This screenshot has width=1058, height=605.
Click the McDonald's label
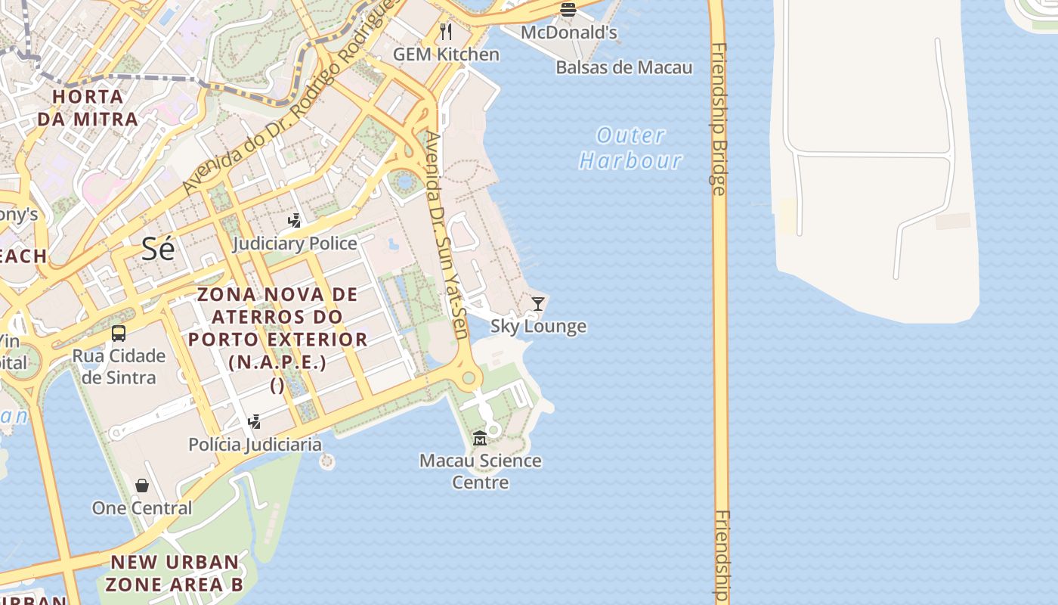pos(568,33)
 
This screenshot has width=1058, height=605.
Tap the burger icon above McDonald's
pos(568,10)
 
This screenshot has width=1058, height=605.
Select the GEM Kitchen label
pos(446,54)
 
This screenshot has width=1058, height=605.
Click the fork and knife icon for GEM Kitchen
pos(446,32)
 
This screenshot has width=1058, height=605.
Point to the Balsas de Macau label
pos(623,67)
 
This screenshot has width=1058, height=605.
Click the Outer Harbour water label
pos(630,147)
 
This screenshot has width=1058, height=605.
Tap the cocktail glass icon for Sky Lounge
pos(538,304)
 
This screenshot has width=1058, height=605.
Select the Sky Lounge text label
pos(538,327)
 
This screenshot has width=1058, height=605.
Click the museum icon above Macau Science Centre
pos(480,438)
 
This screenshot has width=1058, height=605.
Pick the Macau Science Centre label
pos(480,471)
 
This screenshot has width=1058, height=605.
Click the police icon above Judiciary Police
pos(295,221)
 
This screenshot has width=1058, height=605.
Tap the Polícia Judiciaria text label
pos(255,445)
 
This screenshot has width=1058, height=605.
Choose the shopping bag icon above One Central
pos(142,486)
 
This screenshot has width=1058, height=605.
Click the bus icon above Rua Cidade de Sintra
pos(119,334)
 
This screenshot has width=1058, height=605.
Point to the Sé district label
pos(158,249)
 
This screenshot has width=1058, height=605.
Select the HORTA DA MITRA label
pos(88,108)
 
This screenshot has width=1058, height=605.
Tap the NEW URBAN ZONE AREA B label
pos(175,573)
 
